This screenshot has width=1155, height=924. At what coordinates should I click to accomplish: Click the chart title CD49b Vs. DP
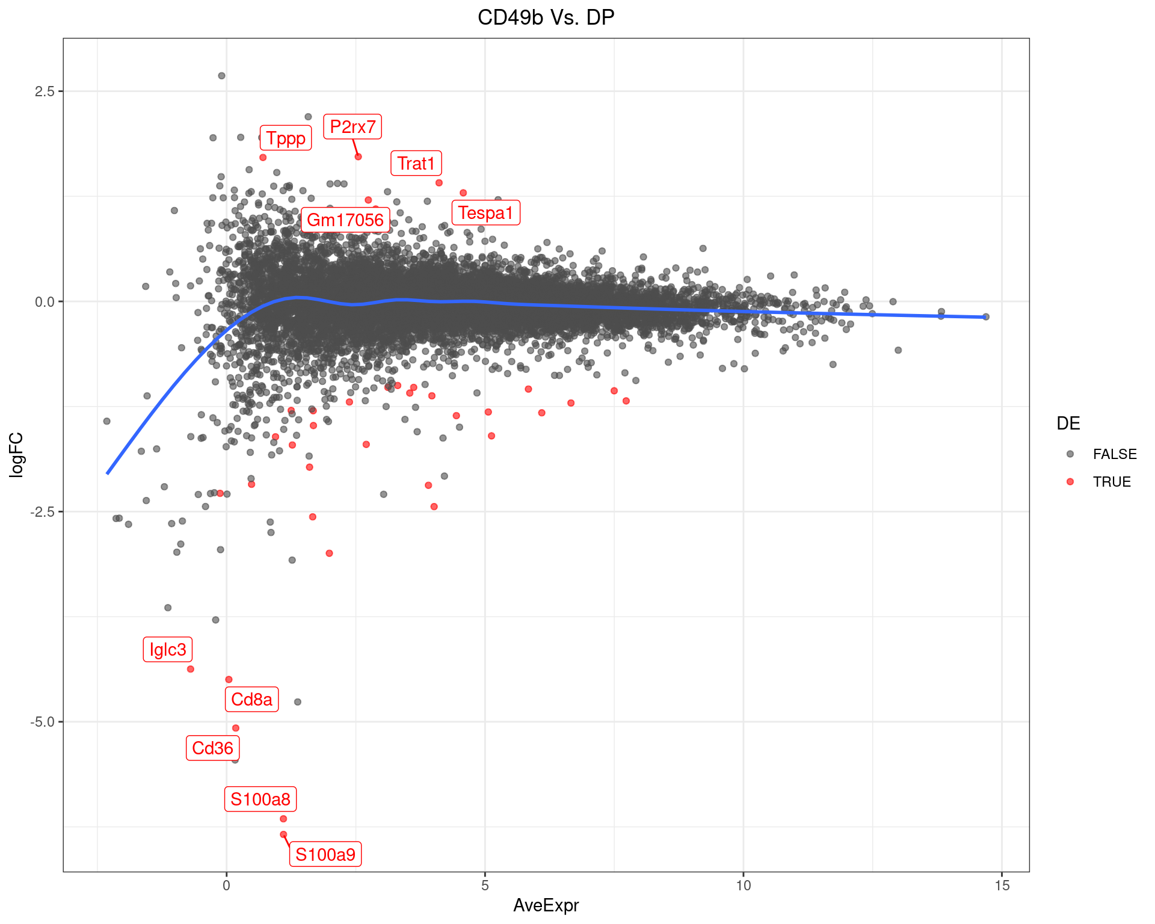[x=546, y=17]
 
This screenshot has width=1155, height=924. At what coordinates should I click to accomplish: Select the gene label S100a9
[x=325, y=854]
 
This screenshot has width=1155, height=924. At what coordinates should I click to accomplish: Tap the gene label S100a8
[x=260, y=799]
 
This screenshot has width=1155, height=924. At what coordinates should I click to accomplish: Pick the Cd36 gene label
[x=212, y=748]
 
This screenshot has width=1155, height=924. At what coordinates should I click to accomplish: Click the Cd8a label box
[x=251, y=700]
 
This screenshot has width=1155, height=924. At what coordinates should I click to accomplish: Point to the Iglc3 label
[x=168, y=650]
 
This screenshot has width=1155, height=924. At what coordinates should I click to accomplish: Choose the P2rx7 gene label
[x=353, y=127]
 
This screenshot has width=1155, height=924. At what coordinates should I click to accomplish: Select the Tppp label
[x=286, y=138]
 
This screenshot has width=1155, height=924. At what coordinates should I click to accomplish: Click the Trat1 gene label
[x=416, y=164]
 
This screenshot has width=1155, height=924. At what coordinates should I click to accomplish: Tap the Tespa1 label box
[x=485, y=213]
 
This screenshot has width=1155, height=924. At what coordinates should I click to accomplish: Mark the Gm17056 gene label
[x=345, y=220]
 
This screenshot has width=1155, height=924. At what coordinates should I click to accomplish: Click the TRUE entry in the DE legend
[x=1111, y=482]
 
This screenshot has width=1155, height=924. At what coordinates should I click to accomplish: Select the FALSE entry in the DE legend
[x=1114, y=454]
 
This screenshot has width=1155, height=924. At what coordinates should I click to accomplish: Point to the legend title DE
[x=1068, y=423]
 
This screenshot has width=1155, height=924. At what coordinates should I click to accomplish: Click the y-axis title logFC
[x=16, y=455]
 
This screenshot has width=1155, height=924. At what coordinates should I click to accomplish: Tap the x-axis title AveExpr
[x=546, y=905]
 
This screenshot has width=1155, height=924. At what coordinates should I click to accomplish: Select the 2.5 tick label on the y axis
[x=45, y=91]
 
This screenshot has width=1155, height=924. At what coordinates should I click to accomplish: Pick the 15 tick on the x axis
[x=1002, y=885]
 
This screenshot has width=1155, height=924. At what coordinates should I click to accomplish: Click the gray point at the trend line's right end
[x=985, y=317]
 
